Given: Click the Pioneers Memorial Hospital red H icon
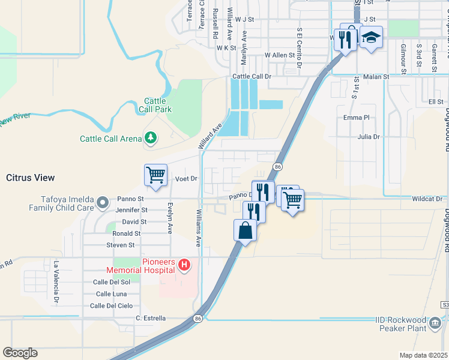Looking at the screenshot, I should [x=185, y=264].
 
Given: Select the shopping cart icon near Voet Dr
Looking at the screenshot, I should [x=155, y=175].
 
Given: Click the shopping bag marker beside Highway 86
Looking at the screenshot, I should [x=246, y=230].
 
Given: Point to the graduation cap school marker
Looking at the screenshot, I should [x=371, y=37].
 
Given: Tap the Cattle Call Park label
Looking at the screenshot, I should [x=158, y=105].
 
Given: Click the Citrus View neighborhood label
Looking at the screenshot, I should [x=30, y=178].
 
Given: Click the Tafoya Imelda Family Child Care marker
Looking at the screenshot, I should [x=102, y=202].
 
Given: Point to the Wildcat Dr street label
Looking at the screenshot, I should [x=427, y=199].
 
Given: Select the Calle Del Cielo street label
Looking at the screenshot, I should [x=111, y=305].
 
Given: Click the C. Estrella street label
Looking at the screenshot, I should [x=151, y=318].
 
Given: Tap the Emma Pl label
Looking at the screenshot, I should [x=355, y=117].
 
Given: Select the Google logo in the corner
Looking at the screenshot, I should [x=20, y=353].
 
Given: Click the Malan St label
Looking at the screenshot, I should [x=376, y=77].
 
